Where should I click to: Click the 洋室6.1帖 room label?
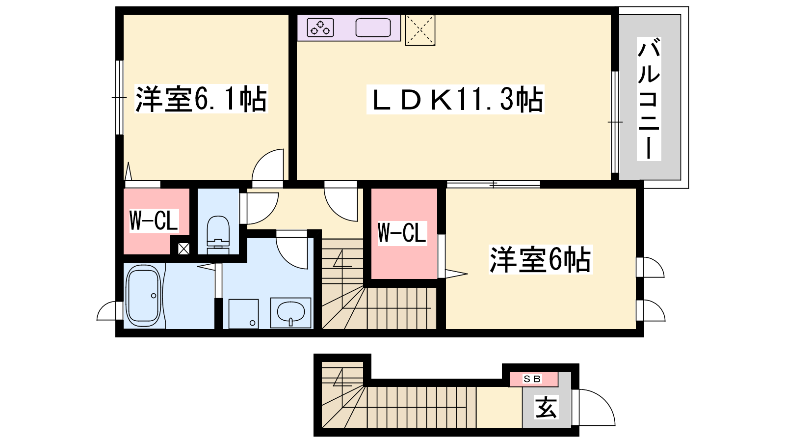click(x=201, y=99)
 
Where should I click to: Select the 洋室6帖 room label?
click(x=540, y=260)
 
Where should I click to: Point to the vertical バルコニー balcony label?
click(x=649, y=99)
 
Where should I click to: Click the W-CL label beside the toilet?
click(x=154, y=221)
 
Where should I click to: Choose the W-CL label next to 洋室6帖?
click(x=402, y=233)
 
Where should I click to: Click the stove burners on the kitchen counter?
click(x=320, y=28)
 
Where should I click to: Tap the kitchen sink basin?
click(x=373, y=28)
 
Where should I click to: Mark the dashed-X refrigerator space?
click(x=420, y=30)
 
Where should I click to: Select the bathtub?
click(x=144, y=296)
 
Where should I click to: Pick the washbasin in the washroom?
click(x=290, y=312)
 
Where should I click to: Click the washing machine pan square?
click(x=243, y=314)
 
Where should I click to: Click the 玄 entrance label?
click(x=546, y=407)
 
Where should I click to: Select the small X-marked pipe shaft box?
click(x=183, y=249)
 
